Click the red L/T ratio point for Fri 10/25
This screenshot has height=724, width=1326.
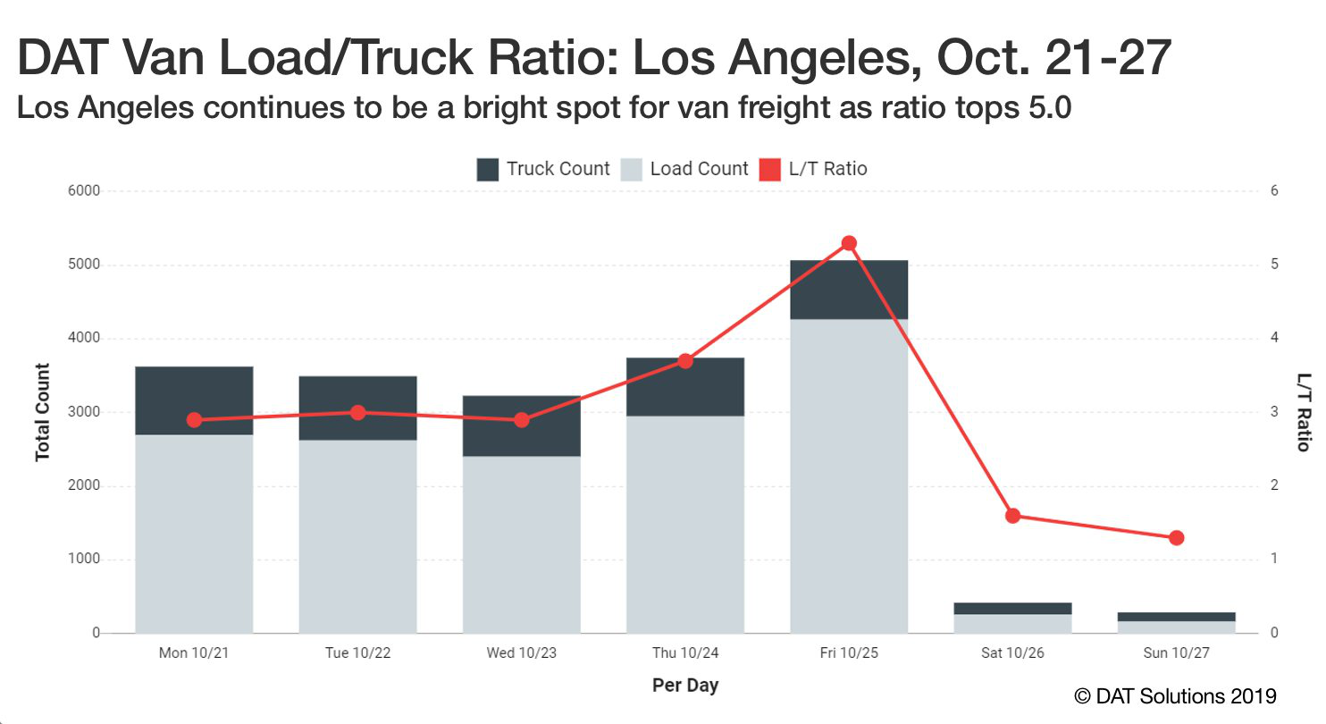pyautogui.click(x=849, y=243)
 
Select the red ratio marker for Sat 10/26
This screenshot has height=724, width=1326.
pyautogui.click(x=1012, y=516)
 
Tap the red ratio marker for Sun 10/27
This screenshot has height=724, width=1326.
pyautogui.click(x=1176, y=538)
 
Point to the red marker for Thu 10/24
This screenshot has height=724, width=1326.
pyautogui.click(x=685, y=361)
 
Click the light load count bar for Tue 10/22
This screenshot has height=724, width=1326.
pyautogui.click(x=357, y=536)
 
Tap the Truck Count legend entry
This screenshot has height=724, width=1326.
pyautogui.click(x=543, y=169)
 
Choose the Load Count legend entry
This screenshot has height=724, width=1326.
pyautogui.click(x=686, y=169)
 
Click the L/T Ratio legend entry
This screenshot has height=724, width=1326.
pyautogui.click(x=813, y=169)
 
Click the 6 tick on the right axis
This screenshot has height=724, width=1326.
pyautogui.click(x=1274, y=191)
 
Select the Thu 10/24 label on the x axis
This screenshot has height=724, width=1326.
pyautogui.click(x=685, y=653)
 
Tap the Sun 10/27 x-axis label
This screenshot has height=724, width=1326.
pyautogui.click(x=1176, y=653)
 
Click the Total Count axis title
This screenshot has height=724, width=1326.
pyautogui.click(x=42, y=412)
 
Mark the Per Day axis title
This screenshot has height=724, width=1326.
pyautogui.click(x=685, y=686)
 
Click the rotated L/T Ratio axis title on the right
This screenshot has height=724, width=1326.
pyautogui.click(x=1304, y=412)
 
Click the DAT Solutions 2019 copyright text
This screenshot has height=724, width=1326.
pyautogui.click(x=1176, y=695)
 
